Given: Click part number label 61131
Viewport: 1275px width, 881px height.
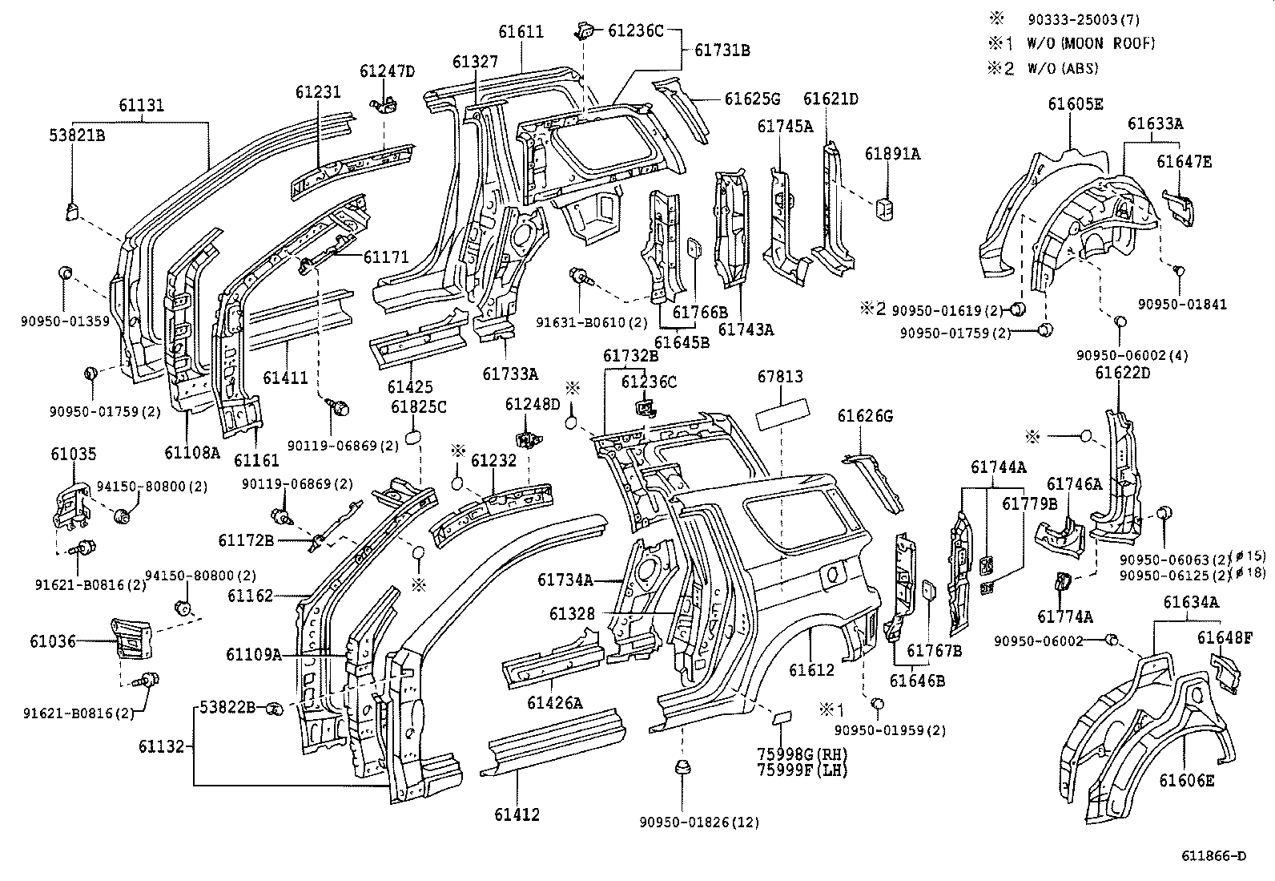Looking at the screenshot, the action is pos(142,105).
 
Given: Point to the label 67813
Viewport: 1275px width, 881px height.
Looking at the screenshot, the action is pos(780,376).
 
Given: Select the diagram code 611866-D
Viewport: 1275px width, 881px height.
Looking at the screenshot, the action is pos(1213,855).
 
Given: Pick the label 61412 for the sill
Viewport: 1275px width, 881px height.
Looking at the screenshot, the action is pos(517,814).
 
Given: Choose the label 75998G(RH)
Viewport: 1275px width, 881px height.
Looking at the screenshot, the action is pos(802,754).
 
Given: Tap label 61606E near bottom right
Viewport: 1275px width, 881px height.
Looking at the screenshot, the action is pos(1187,779).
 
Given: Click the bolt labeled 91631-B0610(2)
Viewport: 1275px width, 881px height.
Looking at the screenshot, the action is pos(581,277).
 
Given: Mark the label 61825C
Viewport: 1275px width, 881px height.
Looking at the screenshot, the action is pos(418,407).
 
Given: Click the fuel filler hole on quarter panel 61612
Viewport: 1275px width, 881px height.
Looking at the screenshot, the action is pos(833,574).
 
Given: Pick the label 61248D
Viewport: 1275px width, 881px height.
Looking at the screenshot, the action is pos(533,403).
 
